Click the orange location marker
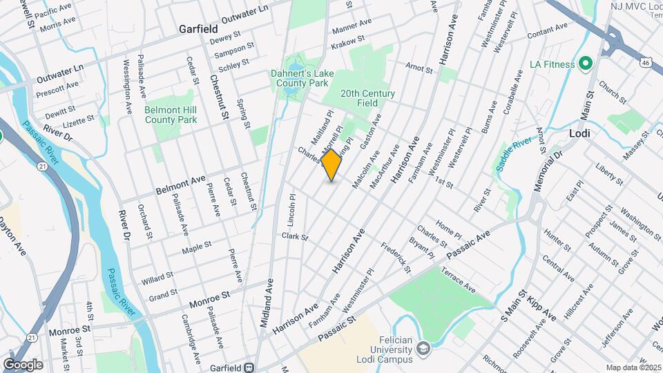coord(331,165)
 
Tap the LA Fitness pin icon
coord(586,64)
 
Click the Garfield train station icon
coord(249,367)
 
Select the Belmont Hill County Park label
coord(171,115)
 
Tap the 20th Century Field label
coord(367,98)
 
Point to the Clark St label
coord(294,237)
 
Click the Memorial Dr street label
coord(546,175)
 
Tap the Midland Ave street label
coord(267,303)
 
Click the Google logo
coord(23,364)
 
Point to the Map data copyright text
coord(634,367)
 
